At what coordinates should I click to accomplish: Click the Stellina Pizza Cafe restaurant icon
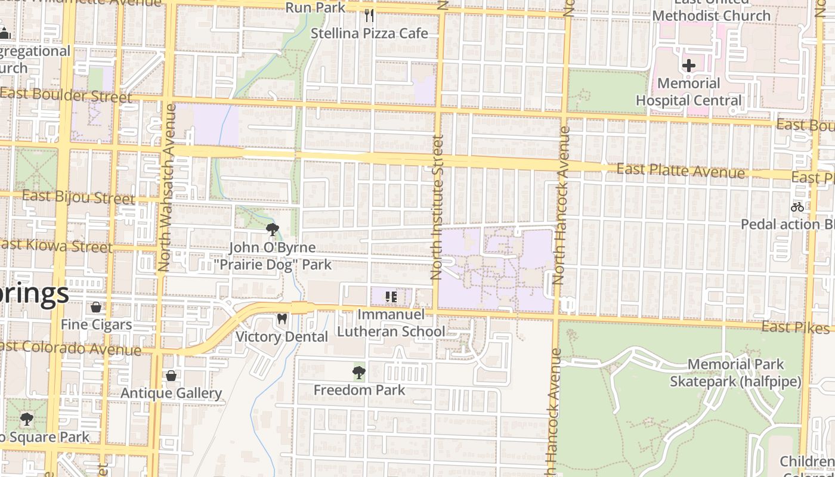(369, 15)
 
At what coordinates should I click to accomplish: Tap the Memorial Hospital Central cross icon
(688, 65)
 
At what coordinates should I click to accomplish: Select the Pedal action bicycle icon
(797, 207)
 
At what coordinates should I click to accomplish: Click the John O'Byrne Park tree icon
(273, 230)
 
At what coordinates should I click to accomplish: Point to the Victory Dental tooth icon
(282, 319)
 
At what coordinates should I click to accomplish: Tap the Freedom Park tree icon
(358, 373)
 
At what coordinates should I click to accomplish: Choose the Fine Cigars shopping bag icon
(96, 307)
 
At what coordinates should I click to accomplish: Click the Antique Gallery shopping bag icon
(171, 376)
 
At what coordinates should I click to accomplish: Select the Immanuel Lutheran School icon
(391, 296)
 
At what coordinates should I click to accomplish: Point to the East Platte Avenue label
(681, 171)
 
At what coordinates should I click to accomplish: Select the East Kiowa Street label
(57, 246)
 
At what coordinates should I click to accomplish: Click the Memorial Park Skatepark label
(735, 373)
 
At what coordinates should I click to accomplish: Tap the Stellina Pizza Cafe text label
(369, 33)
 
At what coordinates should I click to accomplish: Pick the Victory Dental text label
(282, 337)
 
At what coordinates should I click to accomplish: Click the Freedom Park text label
(359, 391)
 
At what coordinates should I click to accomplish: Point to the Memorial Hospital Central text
(689, 92)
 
